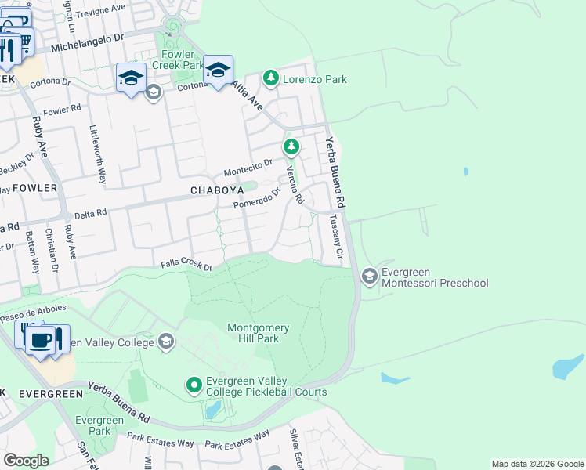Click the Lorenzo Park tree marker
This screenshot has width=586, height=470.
point(271,78)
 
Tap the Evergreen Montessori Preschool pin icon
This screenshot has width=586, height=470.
point(369,276)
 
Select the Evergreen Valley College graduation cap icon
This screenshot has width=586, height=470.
point(165,341)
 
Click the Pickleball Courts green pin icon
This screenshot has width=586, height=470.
point(194,385)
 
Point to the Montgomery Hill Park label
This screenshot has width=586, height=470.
point(258,334)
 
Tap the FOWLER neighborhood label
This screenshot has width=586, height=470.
point(34,188)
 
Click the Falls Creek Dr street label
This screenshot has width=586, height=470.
point(186,266)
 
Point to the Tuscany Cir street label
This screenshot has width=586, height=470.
point(336,237)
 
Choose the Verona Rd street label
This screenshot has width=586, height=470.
point(294,185)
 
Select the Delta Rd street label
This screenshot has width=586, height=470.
point(89,214)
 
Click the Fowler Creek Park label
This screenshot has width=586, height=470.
point(178,60)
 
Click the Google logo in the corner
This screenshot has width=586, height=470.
point(26,460)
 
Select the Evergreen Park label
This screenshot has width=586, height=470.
point(99,425)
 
